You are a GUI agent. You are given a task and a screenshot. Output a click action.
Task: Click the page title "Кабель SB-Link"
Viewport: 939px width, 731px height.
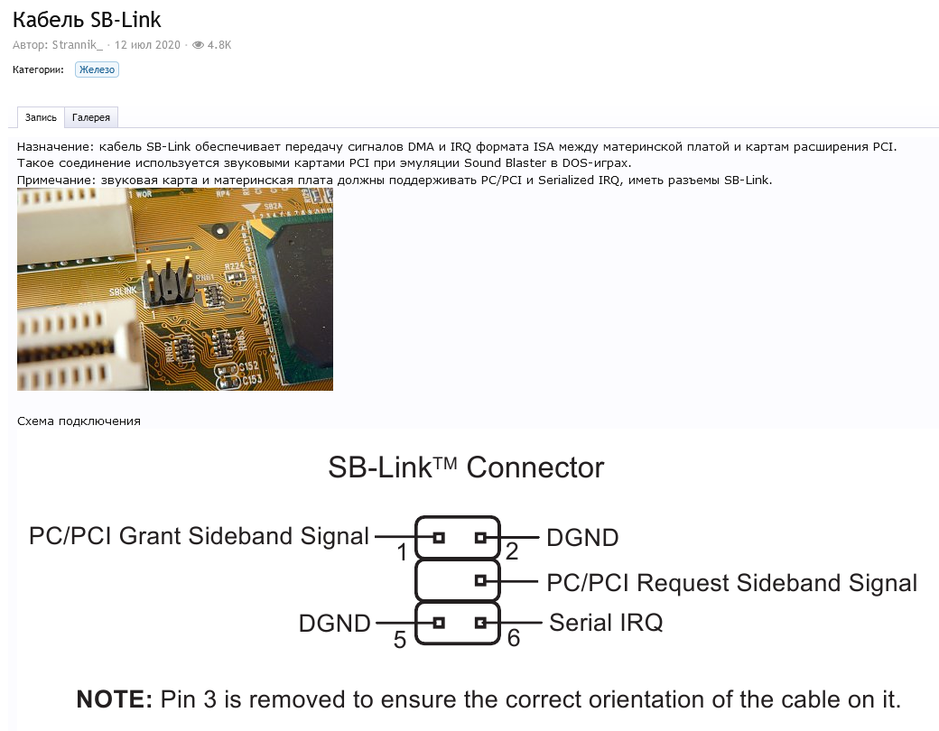[x=87, y=19]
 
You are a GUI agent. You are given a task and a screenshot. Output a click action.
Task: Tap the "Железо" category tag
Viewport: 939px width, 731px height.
[x=97, y=69]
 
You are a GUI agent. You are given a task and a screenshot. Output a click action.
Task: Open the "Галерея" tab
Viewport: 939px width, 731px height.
[x=91, y=117]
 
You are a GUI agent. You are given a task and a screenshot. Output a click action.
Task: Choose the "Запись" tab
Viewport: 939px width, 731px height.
[x=41, y=117]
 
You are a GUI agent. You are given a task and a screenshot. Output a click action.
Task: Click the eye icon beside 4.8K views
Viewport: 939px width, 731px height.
[x=198, y=44]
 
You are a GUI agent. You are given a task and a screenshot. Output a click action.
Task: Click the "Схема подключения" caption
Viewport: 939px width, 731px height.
[x=79, y=421]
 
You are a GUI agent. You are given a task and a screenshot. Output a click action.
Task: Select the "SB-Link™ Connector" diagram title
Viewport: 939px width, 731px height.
[x=466, y=467]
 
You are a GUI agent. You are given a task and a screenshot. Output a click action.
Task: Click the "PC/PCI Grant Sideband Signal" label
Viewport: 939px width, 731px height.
[x=199, y=536]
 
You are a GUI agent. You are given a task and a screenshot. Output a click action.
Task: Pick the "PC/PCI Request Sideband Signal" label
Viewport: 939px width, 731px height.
[x=731, y=582]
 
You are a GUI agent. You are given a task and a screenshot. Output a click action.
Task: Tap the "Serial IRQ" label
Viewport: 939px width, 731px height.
[x=606, y=622]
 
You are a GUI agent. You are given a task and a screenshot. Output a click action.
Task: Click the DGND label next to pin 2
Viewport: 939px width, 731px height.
[x=582, y=538]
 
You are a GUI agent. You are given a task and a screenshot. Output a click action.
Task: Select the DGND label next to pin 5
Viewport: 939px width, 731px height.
[x=335, y=623]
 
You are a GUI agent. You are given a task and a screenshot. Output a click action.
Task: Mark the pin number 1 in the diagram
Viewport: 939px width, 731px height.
[x=403, y=552]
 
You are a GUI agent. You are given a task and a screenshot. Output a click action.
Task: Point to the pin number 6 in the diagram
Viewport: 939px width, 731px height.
[x=514, y=638]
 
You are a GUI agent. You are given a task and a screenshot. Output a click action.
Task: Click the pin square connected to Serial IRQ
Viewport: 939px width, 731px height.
[x=480, y=622]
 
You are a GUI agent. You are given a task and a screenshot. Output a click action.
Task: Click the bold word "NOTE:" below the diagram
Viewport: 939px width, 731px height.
[x=115, y=699]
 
